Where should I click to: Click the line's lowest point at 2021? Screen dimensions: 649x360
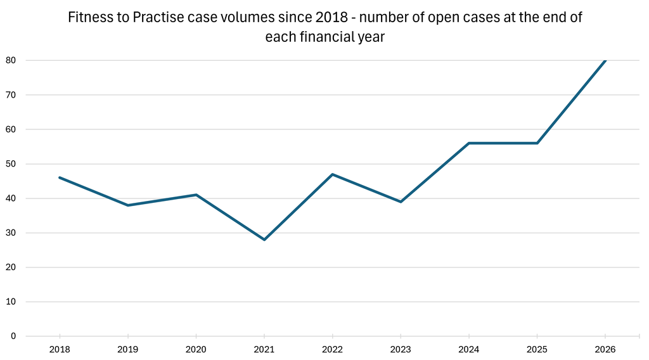(x=264, y=240)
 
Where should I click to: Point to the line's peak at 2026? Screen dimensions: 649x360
(x=605, y=60)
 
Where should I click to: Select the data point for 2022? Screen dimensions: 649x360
(x=332, y=174)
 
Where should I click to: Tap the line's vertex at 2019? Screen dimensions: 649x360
(x=128, y=205)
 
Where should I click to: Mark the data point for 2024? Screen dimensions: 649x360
(x=468, y=143)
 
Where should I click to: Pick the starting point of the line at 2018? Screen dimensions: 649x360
(x=60, y=177)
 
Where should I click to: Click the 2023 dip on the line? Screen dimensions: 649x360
(x=401, y=202)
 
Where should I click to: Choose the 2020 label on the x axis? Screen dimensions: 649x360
(x=196, y=350)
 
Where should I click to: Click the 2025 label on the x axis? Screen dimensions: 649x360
(x=537, y=350)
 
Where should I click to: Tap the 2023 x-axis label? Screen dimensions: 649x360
(x=401, y=350)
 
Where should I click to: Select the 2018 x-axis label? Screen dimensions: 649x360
(x=60, y=350)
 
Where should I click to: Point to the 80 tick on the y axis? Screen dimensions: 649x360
(x=11, y=60)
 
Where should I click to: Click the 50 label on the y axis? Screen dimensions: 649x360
(x=11, y=164)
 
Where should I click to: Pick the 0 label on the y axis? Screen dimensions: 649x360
(x=13, y=337)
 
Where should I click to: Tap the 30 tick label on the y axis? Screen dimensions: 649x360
(x=11, y=233)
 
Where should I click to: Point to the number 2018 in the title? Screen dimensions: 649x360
(x=331, y=17)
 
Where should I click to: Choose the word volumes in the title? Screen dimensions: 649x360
(x=252, y=17)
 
